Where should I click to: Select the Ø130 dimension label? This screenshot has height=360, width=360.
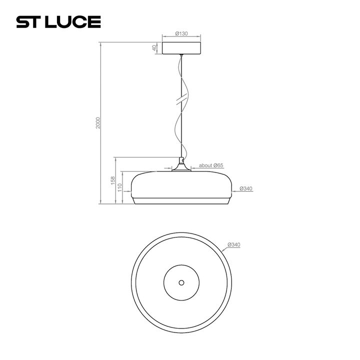(x=181, y=33)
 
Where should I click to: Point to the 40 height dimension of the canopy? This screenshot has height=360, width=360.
(x=155, y=48)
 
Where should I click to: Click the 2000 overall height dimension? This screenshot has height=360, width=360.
(x=98, y=123)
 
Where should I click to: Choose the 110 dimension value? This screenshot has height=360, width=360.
(x=120, y=187)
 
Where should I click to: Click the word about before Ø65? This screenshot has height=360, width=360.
(x=206, y=165)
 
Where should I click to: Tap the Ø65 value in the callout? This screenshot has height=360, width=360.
(x=218, y=165)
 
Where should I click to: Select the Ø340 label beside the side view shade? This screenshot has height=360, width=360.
(x=246, y=188)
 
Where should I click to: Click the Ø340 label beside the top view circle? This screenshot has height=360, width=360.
(x=234, y=244)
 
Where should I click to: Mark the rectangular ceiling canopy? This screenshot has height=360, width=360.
(x=181, y=48)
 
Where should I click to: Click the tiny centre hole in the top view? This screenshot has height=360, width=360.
(x=181, y=282)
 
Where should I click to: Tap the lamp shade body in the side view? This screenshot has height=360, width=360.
(x=181, y=185)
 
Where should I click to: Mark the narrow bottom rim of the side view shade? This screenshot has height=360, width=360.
(x=181, y=201)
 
